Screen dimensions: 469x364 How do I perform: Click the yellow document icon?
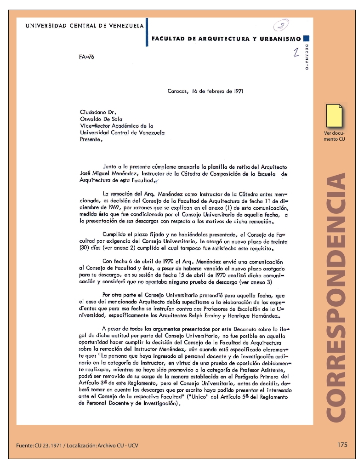tap(334, 116)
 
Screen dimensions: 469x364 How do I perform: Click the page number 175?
tap(342, 445)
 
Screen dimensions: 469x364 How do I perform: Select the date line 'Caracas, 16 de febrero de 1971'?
tap(205, 91)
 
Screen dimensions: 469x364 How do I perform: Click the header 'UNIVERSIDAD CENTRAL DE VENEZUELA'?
tap(85, 26)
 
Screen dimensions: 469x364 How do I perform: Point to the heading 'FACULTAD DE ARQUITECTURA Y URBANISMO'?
tap(226, 39)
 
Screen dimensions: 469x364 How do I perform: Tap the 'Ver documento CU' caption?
tap(334, 136)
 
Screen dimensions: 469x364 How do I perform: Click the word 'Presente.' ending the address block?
tap(91, 139)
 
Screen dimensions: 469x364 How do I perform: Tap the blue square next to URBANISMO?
tap(307, 39)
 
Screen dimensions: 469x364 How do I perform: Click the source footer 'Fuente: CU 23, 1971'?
tap(43, 445)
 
